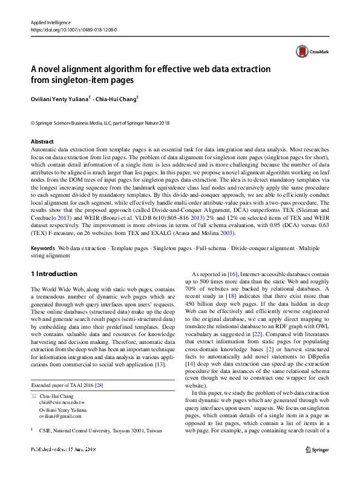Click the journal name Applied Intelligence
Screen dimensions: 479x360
point(51,22)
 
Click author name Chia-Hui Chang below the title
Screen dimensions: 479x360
point(118,99)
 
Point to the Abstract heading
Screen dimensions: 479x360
point(42,141)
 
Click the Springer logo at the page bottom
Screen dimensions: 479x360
point(317,466)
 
